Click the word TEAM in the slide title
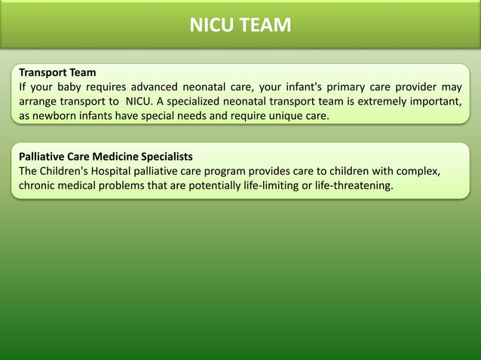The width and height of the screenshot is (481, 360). click(x=266, y=26)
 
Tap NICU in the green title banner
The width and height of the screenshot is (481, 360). click(x=213, y=26)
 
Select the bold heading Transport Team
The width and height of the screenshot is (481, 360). click(x=57, y=73)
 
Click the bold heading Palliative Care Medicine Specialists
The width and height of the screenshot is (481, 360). click(x=106, y=157)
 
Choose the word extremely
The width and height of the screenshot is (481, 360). click(x=378, y=102)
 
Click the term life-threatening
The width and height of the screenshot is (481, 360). click(x=353, y=185)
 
